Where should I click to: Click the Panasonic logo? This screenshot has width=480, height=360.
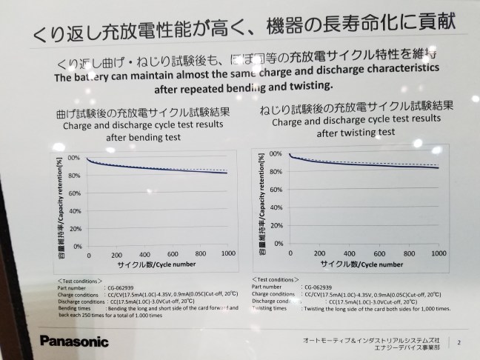[74, 341]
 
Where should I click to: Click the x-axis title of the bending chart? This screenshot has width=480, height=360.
[157, 264]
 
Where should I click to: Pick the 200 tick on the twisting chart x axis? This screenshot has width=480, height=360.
[321, 253]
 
